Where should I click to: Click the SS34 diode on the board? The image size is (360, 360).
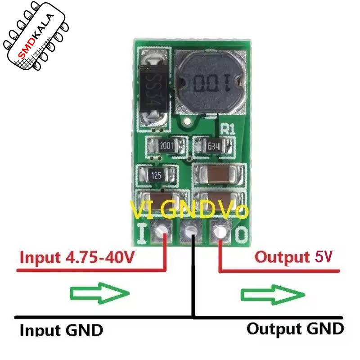click(154, 90)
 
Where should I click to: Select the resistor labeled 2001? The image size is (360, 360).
click(166, 145)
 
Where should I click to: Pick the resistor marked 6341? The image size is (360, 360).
click(214, 146)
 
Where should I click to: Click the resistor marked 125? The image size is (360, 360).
click(157, 175)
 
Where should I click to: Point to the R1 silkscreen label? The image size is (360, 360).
click(228, 129)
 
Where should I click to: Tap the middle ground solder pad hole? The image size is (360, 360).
click(190, 230)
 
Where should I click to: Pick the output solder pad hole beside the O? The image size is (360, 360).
click(220, 231)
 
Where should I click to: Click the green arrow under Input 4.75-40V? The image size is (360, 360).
click(99, 293)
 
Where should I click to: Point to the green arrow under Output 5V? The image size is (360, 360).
click(273, 295)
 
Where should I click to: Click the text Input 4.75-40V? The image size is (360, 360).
click(77, 257)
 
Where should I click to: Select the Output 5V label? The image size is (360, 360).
click(293, 257)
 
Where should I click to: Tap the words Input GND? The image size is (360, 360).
click(61, 330)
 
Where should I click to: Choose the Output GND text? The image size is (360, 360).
click(295, 329)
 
